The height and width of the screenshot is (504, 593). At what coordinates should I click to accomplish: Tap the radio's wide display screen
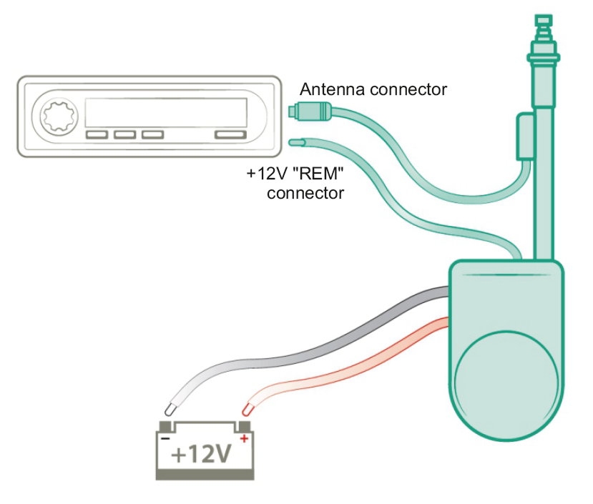[x=166, y=112]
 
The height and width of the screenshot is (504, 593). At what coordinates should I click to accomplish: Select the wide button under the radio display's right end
[x=231, y=134]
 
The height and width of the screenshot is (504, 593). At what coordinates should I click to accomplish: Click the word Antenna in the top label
[x=328, y=90]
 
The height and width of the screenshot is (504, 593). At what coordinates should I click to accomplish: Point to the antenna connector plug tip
[x=293, y=110]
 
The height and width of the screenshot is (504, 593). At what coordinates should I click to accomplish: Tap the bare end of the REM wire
[x=294, y=142]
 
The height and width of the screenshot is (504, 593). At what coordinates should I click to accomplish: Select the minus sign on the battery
[x=165, y=438]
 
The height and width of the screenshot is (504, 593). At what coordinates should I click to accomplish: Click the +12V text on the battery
[x=203, y=454]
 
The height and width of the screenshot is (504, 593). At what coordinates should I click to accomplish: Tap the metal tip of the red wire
[x=246, y=410]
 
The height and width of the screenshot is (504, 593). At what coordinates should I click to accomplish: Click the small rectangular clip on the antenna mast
[x=523, y=139]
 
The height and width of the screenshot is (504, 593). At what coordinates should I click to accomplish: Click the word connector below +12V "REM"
[x=305, y=193]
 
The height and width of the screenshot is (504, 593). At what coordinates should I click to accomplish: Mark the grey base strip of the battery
[x=205, y=473]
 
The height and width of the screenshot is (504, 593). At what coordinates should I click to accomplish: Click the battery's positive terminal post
[x=242, y=427]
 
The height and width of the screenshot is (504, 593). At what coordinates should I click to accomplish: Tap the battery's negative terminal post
[x=166, y=427]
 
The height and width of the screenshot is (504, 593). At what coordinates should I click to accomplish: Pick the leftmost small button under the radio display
[x=95, y=134]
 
